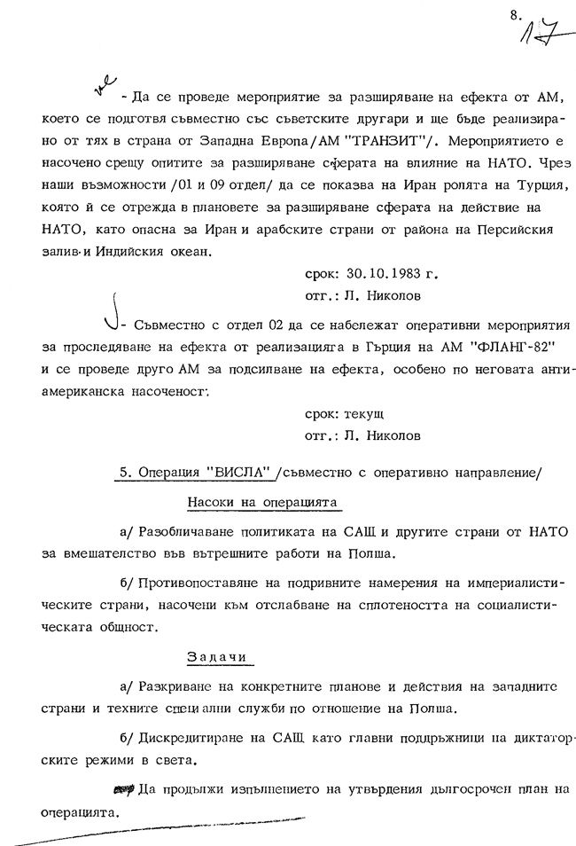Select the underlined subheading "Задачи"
point(218,657)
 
